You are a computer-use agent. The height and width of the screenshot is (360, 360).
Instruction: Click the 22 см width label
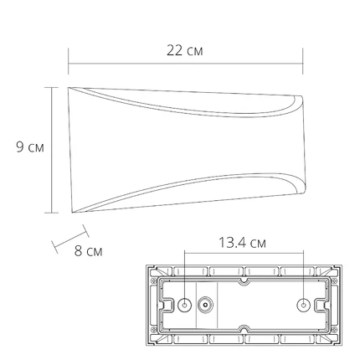coord(185,51)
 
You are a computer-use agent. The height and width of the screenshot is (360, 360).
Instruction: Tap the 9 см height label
coord(30,147)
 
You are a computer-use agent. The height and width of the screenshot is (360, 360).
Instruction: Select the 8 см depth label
coord(88,251)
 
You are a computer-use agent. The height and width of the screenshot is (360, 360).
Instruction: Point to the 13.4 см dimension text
coord(242,243)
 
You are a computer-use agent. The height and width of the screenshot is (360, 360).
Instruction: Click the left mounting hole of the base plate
coord(184,306)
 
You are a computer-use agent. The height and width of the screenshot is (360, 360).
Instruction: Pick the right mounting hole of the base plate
coord(303,306)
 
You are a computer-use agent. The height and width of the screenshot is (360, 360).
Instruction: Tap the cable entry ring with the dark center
coord(205,306)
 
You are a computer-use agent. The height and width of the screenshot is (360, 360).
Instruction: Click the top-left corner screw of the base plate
coord(153,280)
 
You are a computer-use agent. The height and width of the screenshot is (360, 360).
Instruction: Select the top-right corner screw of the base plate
coord(335,280)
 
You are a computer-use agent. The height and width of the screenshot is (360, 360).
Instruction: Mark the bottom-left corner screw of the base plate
coord(153,330)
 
